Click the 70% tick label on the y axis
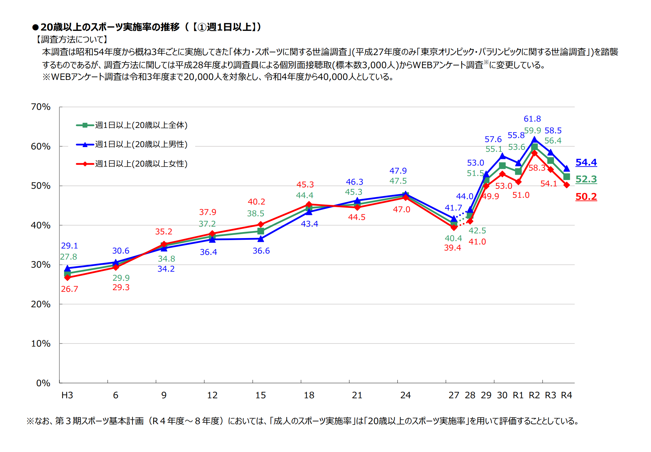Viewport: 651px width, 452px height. point(41,107)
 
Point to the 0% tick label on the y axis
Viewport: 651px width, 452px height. point(43,383)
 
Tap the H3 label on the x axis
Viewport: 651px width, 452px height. point(67,395)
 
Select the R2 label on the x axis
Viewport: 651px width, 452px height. point(534,395)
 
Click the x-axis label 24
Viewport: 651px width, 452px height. point(405,395)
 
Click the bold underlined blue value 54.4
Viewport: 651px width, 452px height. point(586,163)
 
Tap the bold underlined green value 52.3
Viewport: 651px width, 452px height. point(586,179)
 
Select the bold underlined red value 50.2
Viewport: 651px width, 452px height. point(586,197)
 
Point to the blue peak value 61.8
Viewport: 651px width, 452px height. point(532,119)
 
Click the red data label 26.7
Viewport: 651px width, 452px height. point(70,289)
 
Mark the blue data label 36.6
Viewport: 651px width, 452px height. point(261,251)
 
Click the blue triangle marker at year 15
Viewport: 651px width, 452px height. point(261,239)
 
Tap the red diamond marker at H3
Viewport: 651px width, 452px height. point(67,278)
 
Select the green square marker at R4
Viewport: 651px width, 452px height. point(567,177)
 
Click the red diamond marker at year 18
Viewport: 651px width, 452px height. point(309,205)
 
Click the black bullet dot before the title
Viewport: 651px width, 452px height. point(35,27)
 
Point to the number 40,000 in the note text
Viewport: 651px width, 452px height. point(333,77)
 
